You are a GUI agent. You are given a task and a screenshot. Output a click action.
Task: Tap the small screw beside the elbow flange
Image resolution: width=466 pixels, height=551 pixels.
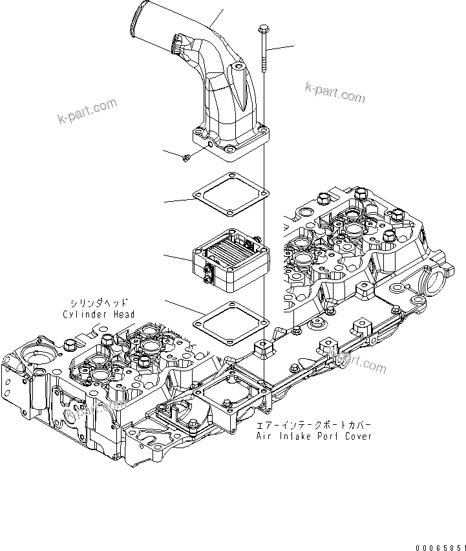click(186, 157)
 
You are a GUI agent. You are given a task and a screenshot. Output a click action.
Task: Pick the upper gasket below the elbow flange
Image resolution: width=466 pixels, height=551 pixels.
click(229, 195)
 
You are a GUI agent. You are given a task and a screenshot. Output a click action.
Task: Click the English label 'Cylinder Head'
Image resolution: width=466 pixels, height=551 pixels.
click(99, 314)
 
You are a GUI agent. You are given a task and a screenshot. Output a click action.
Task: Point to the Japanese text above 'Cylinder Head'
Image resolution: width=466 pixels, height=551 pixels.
click(99, 302)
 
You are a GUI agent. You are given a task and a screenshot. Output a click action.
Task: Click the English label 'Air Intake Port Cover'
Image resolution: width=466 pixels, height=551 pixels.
click(313, 437)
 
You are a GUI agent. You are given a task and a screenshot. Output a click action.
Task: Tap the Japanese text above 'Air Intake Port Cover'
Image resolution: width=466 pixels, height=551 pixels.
click(313, 426)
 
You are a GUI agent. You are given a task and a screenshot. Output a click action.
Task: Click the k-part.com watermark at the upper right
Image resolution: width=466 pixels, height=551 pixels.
click(335, 92)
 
